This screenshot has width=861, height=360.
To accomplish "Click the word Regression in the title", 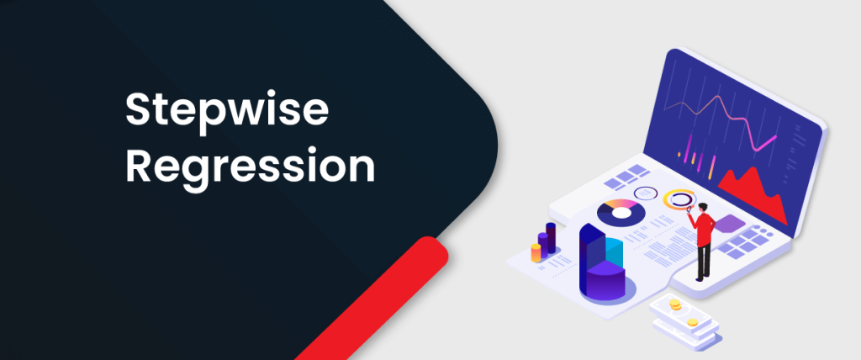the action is [x=250, y=167].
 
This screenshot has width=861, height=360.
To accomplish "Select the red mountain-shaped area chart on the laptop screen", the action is [x=753, y=195].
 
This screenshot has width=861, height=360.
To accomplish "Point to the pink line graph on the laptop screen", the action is [x=720, y=121].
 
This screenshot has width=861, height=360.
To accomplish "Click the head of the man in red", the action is [x=704, y=208].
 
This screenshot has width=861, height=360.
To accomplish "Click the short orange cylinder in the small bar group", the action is [x=536, y=253].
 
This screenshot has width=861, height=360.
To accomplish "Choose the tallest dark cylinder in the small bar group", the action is [x=551, y=238].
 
